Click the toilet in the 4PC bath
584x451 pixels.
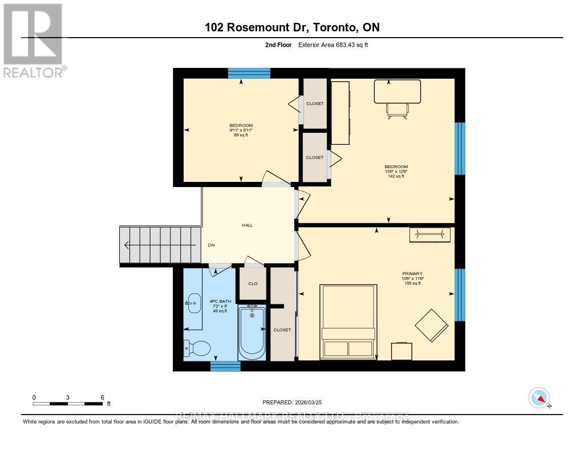197,347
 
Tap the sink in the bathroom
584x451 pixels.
193,303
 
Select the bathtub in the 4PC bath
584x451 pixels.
252,332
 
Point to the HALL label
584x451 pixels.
247,225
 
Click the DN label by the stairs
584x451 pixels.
211,245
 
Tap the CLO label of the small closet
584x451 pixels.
253,283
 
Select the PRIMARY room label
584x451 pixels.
411,274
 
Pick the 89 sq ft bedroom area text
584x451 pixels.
241,135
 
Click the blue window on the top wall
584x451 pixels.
249,73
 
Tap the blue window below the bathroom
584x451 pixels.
225,366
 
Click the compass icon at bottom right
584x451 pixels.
539,397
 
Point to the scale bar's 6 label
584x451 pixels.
102,397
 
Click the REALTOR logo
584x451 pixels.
33,40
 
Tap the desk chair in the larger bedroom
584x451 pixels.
398,109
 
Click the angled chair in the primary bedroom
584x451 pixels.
431,326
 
